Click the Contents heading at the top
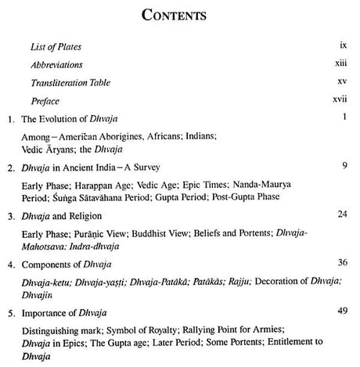179,14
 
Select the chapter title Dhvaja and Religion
70,236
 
